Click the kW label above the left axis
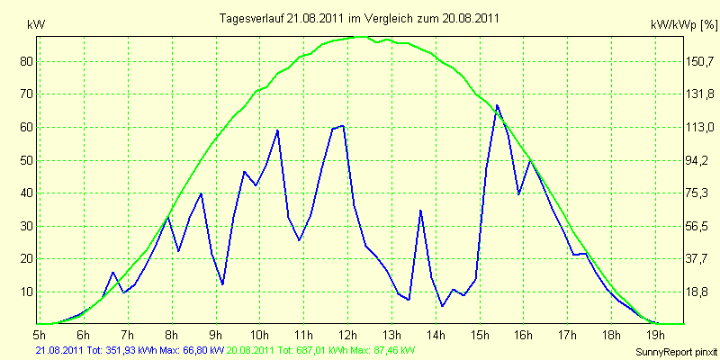click(36, 25)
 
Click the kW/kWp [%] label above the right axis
click(684, 25)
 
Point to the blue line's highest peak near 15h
click(497, 105)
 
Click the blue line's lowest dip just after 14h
click(442, 306)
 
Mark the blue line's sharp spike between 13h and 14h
click(420, 211)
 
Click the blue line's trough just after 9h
click(222, 284)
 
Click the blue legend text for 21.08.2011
click(129, 350)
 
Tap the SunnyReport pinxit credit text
click(677, 352)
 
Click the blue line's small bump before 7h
click(113, 273)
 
